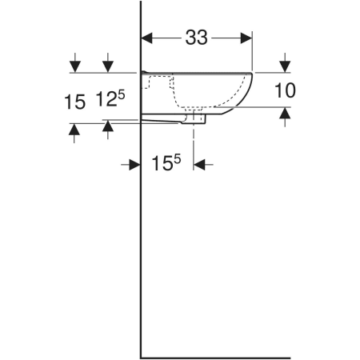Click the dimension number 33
coord(196,38)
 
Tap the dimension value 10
coord(285,90)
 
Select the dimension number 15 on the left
coord(74,102)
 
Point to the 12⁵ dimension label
coord(110,98)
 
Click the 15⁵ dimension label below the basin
coord(166,162)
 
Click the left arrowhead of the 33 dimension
coord(146,38)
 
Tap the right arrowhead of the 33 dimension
coord(246,38)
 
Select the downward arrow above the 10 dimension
coord(285,62)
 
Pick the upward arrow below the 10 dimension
coord(285,117)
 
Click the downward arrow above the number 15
coord(75,62)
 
